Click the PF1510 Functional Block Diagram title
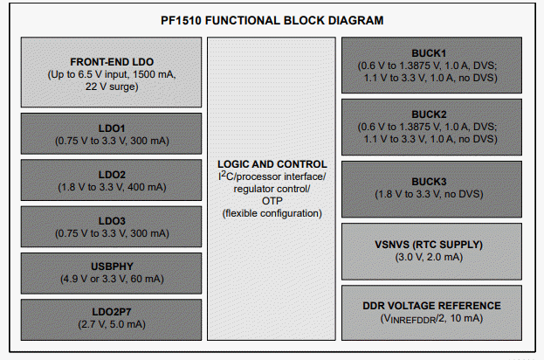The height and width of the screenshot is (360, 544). coord(272,19)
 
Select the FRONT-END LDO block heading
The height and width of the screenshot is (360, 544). coord(111,62)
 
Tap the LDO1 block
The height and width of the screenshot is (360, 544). coord(111,127)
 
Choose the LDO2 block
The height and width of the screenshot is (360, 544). coord(111,174)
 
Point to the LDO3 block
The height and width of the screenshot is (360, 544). coord(111,220)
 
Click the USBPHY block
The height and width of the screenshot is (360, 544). coord(111,267)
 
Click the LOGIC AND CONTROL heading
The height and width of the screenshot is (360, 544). coord(272,163)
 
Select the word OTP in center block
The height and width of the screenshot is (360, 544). coord(272,201)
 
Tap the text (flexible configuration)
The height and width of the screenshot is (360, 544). coord(272,213)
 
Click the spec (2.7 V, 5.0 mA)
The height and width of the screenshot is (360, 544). coord(111,323)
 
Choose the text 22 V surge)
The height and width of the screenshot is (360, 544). coord(111,87)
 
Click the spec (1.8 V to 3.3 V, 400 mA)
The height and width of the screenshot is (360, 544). coord(111,186)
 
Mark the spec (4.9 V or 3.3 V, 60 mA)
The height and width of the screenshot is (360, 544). coord(111,280)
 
